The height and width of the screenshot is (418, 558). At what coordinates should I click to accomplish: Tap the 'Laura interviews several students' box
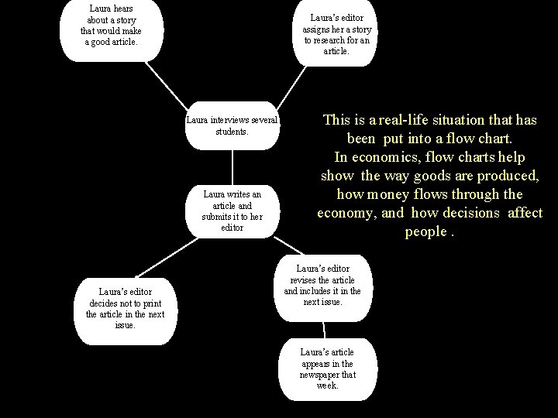click(x=232, y=125)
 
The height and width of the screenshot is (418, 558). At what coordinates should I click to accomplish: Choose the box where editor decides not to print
click(x=124, y=308)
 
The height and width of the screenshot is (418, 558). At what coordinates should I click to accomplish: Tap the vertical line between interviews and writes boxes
click(x=232, y=167)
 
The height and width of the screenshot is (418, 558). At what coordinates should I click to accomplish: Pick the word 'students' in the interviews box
click(x=232, y=132)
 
